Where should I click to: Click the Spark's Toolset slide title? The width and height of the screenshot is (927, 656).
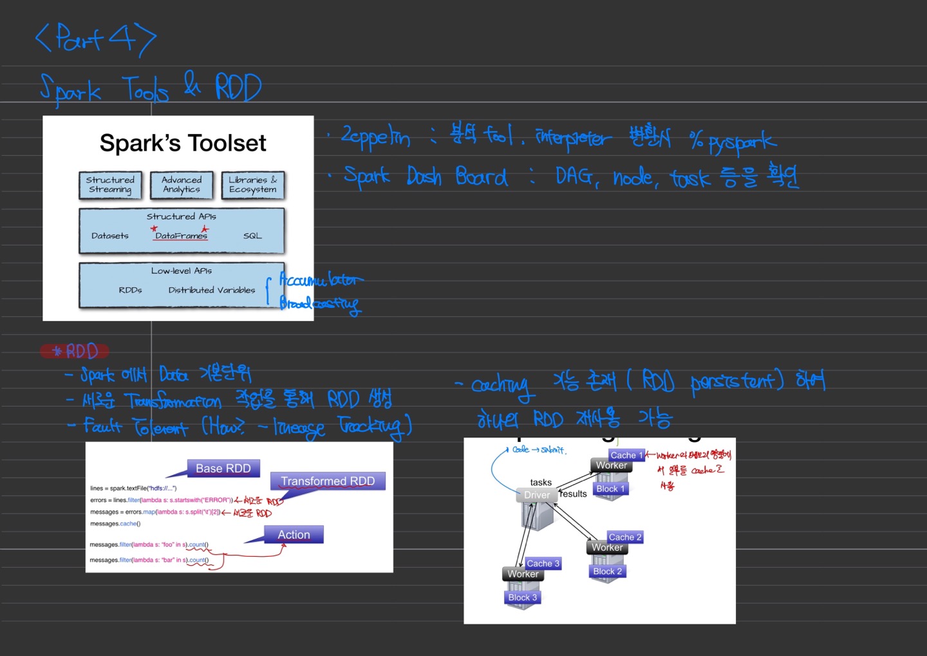(183, 143)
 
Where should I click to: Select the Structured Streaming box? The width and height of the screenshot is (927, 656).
(110, 185)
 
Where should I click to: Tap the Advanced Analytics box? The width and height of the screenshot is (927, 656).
(182, 185)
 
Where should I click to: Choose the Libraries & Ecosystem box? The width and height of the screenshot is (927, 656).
(252, 185)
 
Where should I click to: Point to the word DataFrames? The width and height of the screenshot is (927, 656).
(181, 236)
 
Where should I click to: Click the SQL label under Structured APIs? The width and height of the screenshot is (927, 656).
(252, 236)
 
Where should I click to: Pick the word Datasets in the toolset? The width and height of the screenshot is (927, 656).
(110, 236)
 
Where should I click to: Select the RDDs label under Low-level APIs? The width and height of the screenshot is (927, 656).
(130, 290)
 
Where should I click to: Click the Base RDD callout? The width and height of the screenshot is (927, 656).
(223, 468)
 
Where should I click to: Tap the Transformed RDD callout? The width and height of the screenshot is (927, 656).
(328, 481)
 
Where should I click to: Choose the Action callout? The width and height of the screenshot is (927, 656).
(294, 535)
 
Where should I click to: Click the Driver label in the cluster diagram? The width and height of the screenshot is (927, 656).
(537, 495)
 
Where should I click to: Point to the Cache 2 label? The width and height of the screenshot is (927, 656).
(624, 537)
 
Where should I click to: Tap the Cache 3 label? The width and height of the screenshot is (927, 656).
(543, 563)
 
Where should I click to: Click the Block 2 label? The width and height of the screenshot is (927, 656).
(607, 572)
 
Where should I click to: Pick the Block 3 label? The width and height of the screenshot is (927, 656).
(522, 597)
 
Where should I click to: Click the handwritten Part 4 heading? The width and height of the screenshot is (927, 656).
(96, 38)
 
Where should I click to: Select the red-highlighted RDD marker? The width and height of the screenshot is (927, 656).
(75, 351)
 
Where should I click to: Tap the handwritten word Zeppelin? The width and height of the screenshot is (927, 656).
(375, 137)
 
